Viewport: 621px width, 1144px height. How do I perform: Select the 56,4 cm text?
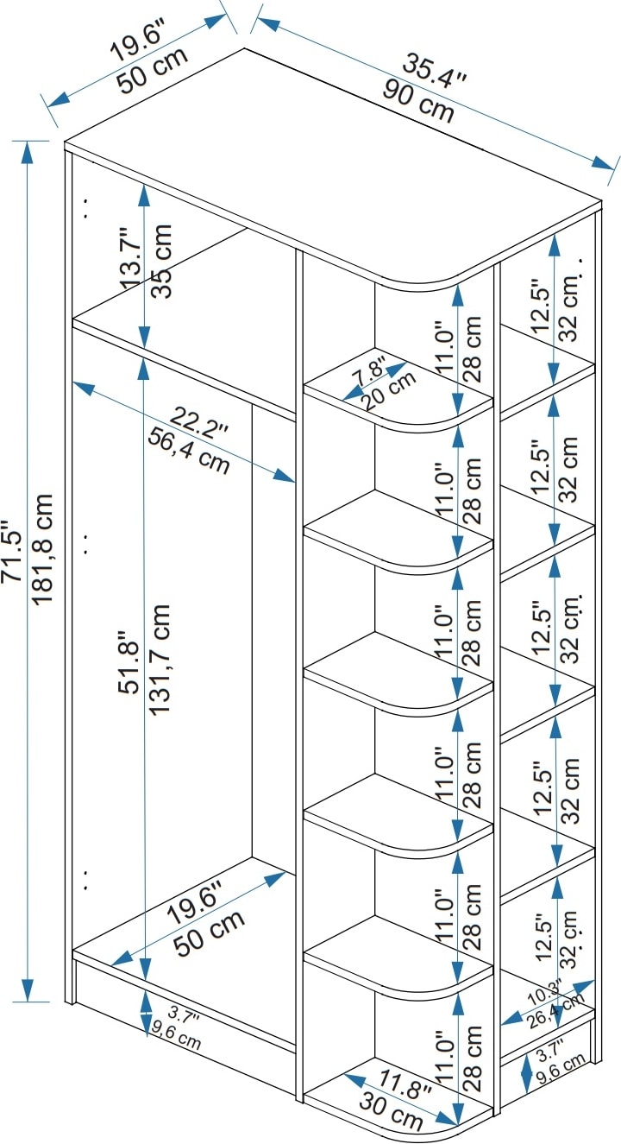188,452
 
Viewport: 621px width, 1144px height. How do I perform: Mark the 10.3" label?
545,995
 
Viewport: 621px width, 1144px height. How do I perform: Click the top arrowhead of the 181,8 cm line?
28,151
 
